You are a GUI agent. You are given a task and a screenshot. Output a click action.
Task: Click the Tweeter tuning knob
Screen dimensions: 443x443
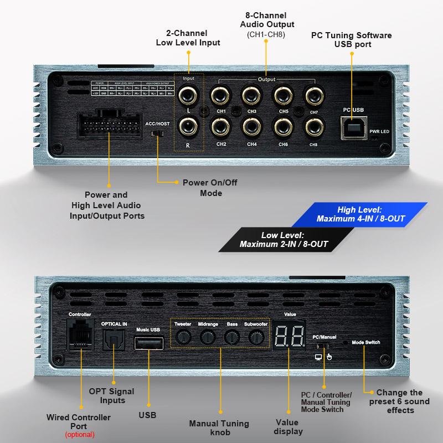[182, 336]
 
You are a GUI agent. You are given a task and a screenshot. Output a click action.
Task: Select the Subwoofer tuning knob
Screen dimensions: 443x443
[255, 336]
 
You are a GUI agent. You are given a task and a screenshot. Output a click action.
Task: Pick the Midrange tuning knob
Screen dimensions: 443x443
[207, 336]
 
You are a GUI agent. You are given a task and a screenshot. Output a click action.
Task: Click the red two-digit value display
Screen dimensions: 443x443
[289, 333]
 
